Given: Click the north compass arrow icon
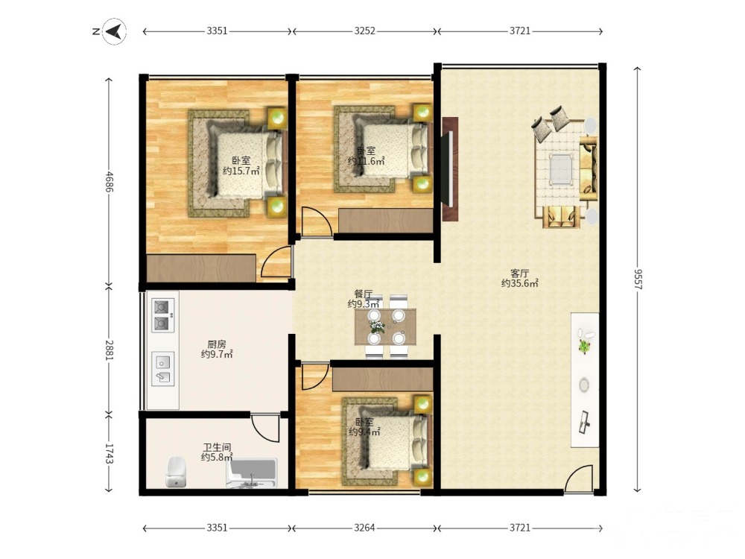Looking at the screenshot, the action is coord(115,31).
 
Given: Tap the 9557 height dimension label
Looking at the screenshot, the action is coord(638,279).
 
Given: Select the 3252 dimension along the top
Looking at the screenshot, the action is coord(364,31).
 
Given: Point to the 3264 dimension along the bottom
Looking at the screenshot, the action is coord(364,528).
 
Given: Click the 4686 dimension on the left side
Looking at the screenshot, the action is coord(110,181).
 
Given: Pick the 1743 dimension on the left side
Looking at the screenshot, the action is coord(110,454).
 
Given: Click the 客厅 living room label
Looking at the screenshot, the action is coord(519,274).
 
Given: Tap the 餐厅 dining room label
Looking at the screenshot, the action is coord(364,294).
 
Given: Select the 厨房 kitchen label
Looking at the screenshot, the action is coord(217,344).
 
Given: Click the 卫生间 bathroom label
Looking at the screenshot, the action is coord(217,447).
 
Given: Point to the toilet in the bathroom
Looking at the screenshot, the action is coord(175,472).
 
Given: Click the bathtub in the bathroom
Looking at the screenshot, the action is coord(251,473).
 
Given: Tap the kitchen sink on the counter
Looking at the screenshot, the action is coord(162,368).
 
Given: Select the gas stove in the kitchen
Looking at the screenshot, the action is coord(162,315).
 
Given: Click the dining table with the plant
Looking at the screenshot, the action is coord(385,326).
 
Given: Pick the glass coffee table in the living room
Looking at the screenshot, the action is coord(561,168).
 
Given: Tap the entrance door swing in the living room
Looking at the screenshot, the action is coord(579,479).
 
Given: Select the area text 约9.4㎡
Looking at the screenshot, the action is coord(364,432).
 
